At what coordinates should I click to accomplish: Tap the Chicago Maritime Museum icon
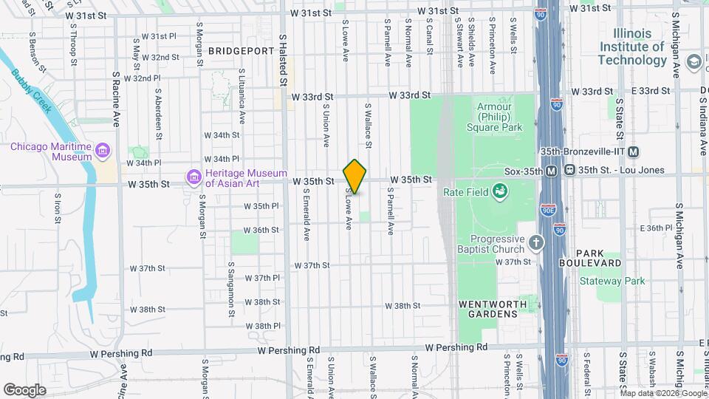pos(103,151)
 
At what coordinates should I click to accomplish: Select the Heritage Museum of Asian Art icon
pos(194,177)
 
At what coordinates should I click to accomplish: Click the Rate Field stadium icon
pos(501,192)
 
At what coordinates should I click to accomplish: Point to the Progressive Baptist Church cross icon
pos(537,242)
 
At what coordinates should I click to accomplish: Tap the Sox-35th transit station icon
pos(552,170)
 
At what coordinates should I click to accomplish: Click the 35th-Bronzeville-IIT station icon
pos(634,151)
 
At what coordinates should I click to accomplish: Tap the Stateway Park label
pos(612,281)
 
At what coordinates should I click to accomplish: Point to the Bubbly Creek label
pos(32,91)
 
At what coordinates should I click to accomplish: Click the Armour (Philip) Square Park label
pos(494,117)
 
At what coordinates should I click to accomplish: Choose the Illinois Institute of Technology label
pos(631,47)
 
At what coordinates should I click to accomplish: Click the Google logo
pos(24,389)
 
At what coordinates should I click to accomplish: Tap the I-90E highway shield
pos(547,211)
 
